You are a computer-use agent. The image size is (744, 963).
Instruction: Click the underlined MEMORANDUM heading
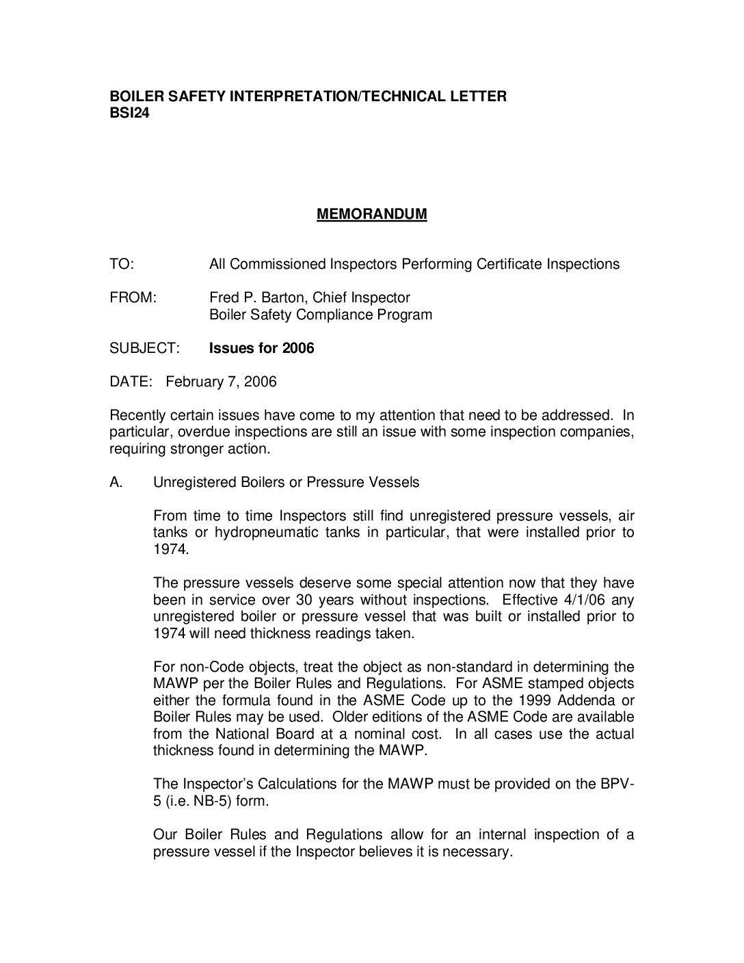[371, 215]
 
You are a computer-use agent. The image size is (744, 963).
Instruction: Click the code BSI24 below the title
[129, 114]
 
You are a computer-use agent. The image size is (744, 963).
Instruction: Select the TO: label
[122, 265]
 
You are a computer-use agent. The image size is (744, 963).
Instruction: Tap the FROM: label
[133, 298]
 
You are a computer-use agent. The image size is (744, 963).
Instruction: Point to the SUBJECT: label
[144, 349]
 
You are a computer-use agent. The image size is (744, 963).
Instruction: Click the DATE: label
[130, 382]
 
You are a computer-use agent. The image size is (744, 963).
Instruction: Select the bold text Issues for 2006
[261, 349]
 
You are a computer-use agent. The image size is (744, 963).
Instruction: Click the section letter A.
[116, 483]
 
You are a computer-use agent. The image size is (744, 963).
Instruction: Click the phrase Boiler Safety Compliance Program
[320, 315]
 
